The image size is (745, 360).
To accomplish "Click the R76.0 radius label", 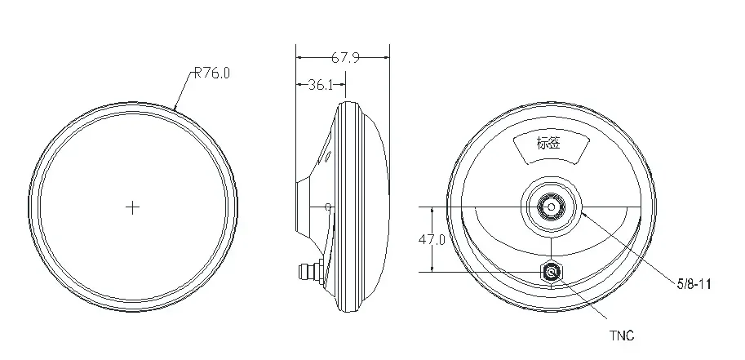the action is (x=212, y=73).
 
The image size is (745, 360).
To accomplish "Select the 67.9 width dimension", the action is (x=345, y=57).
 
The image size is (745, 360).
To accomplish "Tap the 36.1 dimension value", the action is (x=321, y=85).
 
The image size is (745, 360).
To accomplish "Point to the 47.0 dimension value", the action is (x=432, y=240).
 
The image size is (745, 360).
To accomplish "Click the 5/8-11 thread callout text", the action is (x=694, y=284).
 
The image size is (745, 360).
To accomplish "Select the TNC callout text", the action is (x=622, y=336).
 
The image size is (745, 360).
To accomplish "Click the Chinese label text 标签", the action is (x=548, y=143).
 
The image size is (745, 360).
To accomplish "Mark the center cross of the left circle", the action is (x=132, y=207).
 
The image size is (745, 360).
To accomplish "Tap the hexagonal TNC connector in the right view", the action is (x=552, y=273).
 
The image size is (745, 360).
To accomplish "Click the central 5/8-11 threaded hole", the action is (x=551, y=207).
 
